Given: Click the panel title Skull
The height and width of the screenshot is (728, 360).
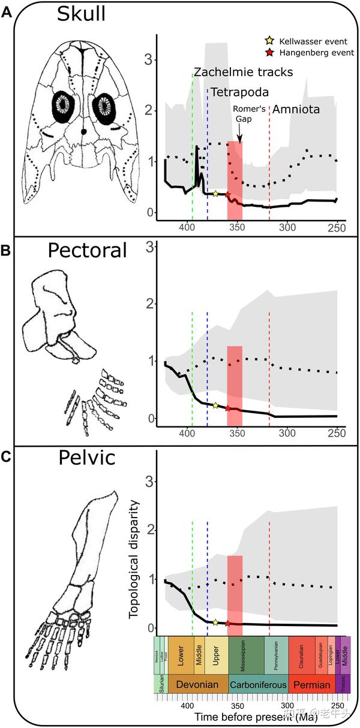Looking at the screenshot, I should [81, 14].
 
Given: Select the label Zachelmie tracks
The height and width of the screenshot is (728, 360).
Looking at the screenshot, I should [243, 73].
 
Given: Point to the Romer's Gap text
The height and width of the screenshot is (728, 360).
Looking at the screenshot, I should [245, 115].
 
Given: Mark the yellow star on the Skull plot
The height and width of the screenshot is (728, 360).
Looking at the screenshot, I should [215, 193].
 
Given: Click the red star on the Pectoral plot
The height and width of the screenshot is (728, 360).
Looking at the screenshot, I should [227, 408].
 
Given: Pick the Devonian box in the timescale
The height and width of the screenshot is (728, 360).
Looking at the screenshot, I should [198, 684].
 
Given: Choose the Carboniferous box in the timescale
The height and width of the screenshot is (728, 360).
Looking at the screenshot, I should [258, 684].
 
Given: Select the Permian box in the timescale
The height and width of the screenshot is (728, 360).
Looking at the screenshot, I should [311, 684].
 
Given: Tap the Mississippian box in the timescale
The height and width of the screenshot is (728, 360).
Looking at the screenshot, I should [246, 657].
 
